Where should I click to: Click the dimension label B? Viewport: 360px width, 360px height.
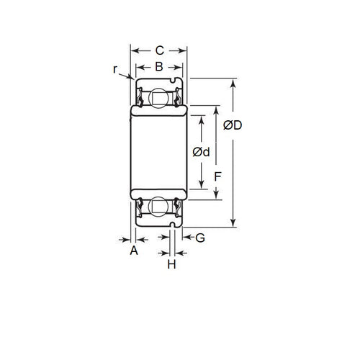point(159,68)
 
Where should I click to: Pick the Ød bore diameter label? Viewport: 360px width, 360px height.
point(202,152)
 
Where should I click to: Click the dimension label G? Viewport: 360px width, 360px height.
point(200,236)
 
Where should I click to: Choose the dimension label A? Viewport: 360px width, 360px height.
point(133,251)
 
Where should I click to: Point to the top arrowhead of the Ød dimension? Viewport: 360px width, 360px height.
point(202,115)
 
